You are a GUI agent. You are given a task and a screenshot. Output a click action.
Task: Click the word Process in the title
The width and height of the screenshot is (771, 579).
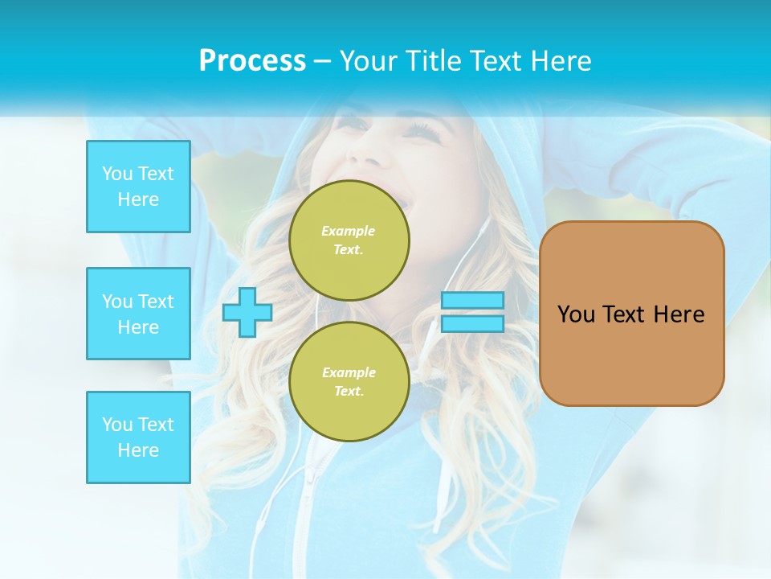(x=252, y=61)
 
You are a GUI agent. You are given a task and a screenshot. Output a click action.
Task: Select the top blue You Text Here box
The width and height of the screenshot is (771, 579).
(x=138, y=187)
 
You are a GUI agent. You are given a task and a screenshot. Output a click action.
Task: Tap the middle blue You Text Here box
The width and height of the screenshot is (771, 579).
(x=138, y=314)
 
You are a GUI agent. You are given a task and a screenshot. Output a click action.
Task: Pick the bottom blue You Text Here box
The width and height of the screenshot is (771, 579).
(x=138, y=437)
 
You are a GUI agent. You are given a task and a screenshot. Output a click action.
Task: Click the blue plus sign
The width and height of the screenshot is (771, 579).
(x=247, y=312)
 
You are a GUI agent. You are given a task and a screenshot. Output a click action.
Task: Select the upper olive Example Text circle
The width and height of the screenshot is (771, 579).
(x=349, y=240)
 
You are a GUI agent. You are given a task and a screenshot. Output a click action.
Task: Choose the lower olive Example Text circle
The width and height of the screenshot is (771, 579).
(x=349, y=382)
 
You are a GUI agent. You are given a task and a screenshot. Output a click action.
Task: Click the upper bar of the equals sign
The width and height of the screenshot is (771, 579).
(x=473, y=300)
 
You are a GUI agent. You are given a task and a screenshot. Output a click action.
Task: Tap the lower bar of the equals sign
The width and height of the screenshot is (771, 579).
(x=473, y=324)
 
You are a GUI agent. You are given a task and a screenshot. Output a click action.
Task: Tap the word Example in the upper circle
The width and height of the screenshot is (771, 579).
(x=349, y=231)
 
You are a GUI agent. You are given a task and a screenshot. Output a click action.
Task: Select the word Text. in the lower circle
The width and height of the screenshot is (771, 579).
(x=349, y=392)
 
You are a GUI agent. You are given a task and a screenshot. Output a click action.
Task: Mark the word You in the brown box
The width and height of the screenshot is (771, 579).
(x=575, y=314)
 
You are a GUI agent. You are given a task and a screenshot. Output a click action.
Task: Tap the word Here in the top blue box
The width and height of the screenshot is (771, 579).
(x=138, y=199)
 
